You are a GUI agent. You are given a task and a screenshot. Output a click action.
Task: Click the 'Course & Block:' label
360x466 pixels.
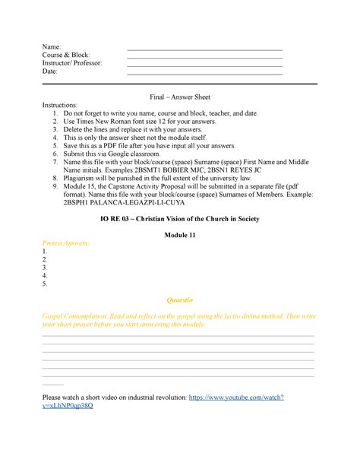67,55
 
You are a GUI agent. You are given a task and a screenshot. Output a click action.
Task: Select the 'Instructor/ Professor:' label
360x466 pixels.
73,63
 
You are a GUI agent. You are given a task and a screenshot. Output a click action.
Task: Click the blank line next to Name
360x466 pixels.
204,49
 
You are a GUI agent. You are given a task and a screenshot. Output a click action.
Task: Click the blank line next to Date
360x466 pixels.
204,74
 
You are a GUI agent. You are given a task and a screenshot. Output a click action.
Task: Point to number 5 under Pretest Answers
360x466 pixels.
46,284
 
